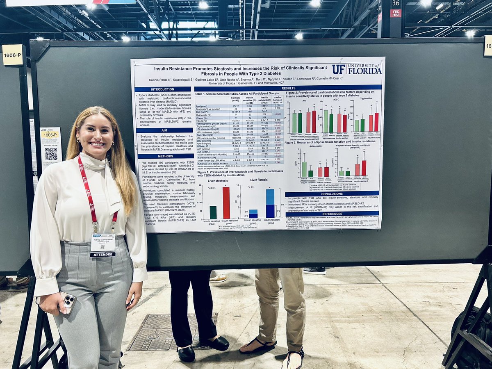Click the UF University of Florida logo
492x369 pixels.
[x=356, y=69]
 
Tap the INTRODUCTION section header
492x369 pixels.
[x=162, y=89]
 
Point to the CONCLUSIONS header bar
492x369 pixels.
[x=332, y=194]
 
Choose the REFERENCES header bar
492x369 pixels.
[x=332, y=214]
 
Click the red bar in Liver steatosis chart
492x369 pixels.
[x=226, y=203]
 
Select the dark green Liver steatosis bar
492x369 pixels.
[x=213, y=212]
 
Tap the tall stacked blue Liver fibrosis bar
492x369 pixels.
[x=270, y=203]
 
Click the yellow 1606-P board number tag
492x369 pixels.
[x=12, y=55]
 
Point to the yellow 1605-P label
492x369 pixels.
[x=50, y=134]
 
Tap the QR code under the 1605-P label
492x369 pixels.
[x=51, y=154]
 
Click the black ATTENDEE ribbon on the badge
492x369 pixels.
[x=102, y=254]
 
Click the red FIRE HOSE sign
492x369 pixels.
[x=396, y=13]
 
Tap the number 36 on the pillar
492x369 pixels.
[x=395, y=3]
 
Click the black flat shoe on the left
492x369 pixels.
[x=187, y=353]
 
